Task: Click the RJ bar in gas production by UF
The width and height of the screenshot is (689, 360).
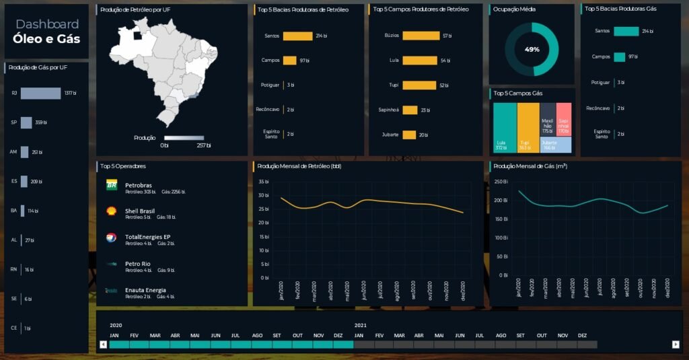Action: point(40,93)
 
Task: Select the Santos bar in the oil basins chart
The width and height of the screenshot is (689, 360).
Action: point(297,36)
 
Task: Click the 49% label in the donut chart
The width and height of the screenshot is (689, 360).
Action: point(532,50)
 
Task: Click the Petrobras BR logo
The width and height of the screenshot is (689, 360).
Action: point(112,185)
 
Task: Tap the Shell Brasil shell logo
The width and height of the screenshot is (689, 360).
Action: point(112,211)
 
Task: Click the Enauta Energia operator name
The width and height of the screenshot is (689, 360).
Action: point(145,290)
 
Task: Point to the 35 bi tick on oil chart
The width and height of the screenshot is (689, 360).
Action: point(263,182)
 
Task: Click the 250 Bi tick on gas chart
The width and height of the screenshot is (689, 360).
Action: point(501,182)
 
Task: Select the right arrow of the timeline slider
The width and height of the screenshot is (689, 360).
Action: point(676,345)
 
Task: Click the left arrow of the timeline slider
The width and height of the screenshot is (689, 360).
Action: point(103,345)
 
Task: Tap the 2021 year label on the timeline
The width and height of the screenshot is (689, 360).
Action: point(361,325)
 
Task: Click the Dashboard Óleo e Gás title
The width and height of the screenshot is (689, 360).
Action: point(46,32)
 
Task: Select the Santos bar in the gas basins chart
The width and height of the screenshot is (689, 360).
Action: point(626,31)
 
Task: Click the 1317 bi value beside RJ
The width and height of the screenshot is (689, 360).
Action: point(70,93)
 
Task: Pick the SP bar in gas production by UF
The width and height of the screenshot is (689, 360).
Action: point(26,122)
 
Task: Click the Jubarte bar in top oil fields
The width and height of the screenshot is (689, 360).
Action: point(409,135)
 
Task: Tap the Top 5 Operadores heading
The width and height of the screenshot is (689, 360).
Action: point(123,166)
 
